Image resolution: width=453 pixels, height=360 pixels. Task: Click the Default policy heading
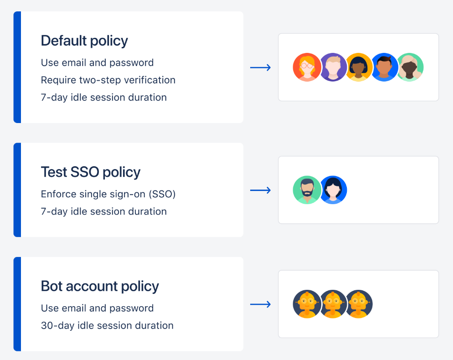pos(84,41)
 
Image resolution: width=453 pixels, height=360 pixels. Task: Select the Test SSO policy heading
pos(90,172)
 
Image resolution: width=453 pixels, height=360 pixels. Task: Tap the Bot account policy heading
pos(100,286)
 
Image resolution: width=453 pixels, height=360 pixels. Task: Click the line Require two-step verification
pos(108,80)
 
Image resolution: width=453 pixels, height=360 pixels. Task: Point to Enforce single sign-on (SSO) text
pos(108,194)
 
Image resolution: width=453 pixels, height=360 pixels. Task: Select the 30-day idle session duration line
pos(107,326)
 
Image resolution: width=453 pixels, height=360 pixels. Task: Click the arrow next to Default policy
pos(261,67)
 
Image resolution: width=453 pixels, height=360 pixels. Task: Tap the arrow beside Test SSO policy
pos(261,190)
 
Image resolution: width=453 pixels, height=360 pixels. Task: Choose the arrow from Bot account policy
pos(261,304)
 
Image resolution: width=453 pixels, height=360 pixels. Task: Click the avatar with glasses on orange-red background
pos(307,67)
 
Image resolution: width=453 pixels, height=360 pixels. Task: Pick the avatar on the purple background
pos(333,67)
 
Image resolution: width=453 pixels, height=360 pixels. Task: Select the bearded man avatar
pos(307,190)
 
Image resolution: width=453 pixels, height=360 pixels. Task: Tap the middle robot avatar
pos(333,304)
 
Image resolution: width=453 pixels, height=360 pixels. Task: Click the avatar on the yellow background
pos(358,67)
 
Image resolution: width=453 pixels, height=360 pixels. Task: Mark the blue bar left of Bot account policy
pos(17,304)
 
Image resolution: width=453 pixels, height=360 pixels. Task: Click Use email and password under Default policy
pos(97,63)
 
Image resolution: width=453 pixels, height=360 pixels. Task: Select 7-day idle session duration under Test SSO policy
pos(103,211)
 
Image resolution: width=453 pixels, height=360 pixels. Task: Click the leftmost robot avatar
pos(307,304)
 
